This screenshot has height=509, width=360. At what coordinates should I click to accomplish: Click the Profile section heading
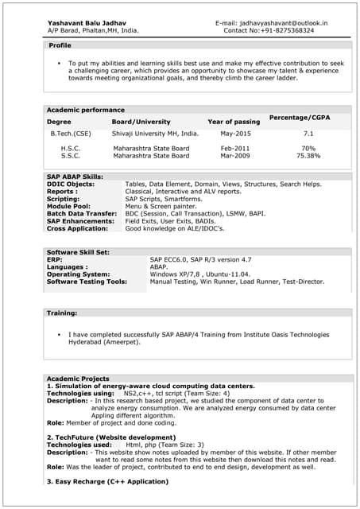pyautogui.click(x=60, y=46)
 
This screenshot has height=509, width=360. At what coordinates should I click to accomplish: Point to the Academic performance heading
pyautogui.click(x=86, y=110)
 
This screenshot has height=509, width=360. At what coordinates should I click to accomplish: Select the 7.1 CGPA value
pyautogui.click(x=308, y=134)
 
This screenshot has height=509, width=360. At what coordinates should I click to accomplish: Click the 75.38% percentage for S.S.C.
pyautogui.click(x=308, y=156)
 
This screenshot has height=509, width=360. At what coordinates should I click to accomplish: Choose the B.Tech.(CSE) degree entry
pyautogui.click(x=71, y=134)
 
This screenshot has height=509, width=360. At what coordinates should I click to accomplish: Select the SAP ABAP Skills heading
pyautogui.click(x=75, y=177)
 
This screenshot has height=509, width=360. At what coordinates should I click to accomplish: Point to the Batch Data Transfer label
pyautogui.click(x=82, y=213)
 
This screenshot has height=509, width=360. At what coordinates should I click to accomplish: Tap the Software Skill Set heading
pyautogui.click(x=78, y=252)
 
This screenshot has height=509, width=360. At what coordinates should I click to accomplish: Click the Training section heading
pyautogui.click(x=62, y=313)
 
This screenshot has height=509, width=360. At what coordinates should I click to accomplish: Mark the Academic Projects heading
pyautogui.click(x=78, y=378)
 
